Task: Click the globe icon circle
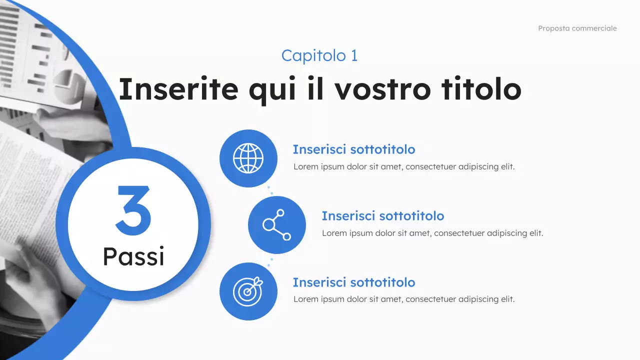[248, 158]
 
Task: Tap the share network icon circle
[276, 224]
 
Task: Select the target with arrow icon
[248, 291]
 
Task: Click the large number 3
[133, 211]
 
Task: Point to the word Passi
[133, 256]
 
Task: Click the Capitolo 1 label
[319, 55]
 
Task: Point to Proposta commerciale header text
[577, 28]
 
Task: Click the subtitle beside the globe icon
[353, 149]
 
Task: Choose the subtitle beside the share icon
[382, 216]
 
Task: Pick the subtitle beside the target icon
[353, 282]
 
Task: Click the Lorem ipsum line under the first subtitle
[403, 166]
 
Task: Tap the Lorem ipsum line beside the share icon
[432, 233]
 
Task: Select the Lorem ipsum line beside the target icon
[403, 299]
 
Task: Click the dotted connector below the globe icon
[270, 191]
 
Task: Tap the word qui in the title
[279, 89]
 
